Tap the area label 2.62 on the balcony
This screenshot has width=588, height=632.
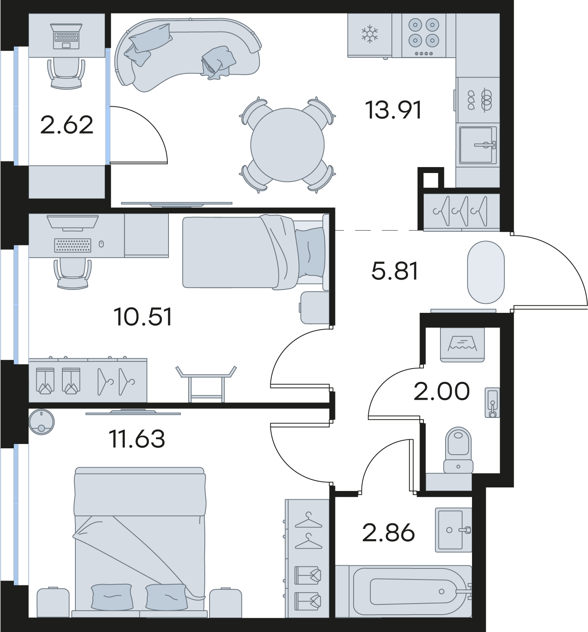click(x=67, y=125)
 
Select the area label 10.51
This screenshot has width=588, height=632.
click(x=143, y=317)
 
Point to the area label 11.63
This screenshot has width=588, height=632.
click(x=137, y=439)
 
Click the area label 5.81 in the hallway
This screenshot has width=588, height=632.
click(x=395, y=271)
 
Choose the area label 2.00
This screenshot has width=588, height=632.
click(x=442, y=391)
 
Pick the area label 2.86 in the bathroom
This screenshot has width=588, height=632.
click(x=388, y=532)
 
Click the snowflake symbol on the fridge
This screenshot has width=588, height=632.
click(x=370, y=34)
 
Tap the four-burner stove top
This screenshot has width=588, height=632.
click(x=424, y=36)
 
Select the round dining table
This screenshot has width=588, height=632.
click(x=288, y=145)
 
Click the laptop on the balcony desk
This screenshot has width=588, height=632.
click(x=66, y=36)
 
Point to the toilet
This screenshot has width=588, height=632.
click(x=458, y=450)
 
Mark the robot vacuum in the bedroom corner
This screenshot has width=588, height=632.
click(x=41, y=422)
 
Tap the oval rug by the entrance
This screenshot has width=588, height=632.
click(x=486, y=272)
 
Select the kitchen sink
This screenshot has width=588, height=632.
click(x=478, y=145)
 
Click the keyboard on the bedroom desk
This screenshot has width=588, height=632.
click(x=73, y=245)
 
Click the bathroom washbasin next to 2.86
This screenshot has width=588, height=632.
click(x=453, y=530)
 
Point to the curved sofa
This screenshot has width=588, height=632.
click(x=187, y=53)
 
